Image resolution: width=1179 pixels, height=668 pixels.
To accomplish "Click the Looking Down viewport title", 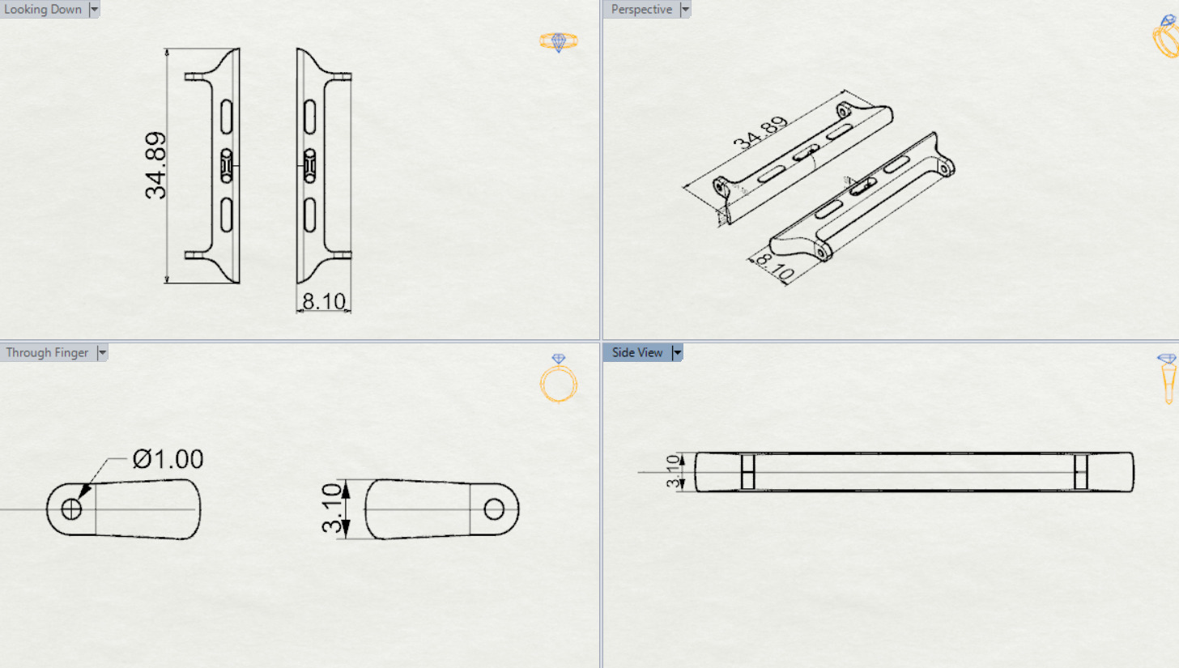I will point(43,10).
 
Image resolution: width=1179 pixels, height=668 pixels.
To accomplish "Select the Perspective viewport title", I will point(642,10).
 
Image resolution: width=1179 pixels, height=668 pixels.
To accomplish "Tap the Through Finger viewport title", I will point(47,353).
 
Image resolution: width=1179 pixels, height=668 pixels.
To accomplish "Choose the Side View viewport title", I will point(637,353).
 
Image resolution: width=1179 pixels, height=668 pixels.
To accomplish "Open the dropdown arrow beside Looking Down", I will point(95,10).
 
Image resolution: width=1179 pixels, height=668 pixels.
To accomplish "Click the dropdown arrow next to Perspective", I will point(686,10).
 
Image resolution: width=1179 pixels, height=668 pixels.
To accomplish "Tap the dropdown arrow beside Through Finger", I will point(102,353).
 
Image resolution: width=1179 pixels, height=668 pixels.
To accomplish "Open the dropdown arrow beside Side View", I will point(678,353).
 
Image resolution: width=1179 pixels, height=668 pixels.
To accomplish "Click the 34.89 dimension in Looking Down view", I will point(155,165).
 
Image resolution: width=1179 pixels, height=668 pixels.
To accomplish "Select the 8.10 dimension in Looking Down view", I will point(324,302).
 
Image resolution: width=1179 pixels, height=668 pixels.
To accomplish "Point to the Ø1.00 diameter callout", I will point(168,460).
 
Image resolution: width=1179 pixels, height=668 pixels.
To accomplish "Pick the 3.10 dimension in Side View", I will point(672,471).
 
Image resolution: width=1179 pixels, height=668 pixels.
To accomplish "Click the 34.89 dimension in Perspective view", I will point(760,134).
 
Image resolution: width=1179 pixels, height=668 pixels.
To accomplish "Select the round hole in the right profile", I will point(494,509).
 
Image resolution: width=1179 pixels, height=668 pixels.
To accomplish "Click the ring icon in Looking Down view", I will point(558,42).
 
